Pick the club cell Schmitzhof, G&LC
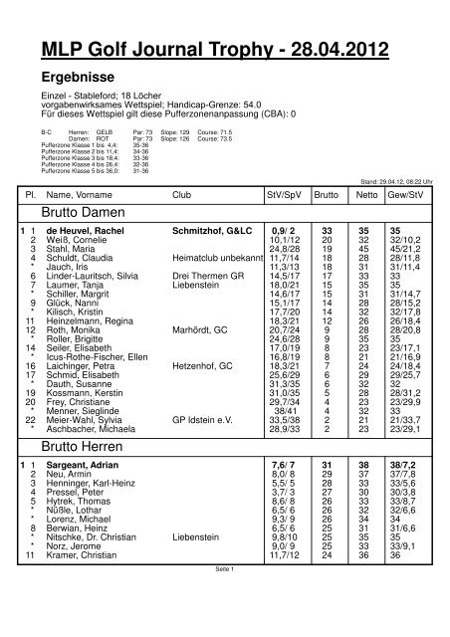(211, 230)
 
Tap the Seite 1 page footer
(224, 625)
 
